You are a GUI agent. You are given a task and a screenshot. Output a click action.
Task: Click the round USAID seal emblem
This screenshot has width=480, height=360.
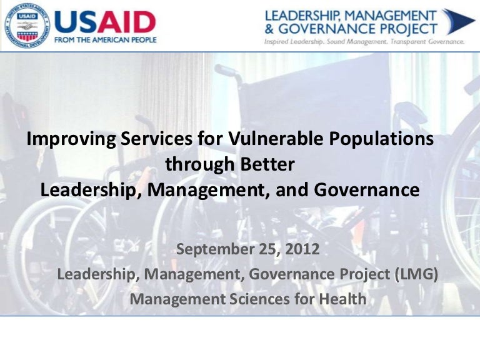(27, 27)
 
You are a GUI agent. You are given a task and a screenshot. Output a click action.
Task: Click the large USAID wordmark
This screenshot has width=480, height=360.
(105, 22)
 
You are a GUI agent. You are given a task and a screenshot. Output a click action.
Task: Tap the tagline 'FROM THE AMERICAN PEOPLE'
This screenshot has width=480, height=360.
(105, 40)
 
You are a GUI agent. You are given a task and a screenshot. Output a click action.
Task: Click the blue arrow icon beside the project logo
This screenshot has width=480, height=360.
(457, 22)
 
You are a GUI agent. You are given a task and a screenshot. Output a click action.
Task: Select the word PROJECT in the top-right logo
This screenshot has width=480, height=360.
(409, 29)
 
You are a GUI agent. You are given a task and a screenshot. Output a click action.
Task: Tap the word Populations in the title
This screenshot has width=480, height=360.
(381, 139)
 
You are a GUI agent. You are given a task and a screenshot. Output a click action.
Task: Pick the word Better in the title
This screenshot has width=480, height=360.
(267, 164)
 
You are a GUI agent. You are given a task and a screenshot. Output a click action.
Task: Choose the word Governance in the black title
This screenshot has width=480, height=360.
(366, 190)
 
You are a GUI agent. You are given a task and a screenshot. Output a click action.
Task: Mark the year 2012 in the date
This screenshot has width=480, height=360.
(302, 249)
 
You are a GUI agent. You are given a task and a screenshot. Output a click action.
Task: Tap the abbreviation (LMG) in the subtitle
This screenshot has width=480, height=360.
(416, 274)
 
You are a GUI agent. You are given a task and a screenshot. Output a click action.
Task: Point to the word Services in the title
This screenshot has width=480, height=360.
(157, 138)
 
